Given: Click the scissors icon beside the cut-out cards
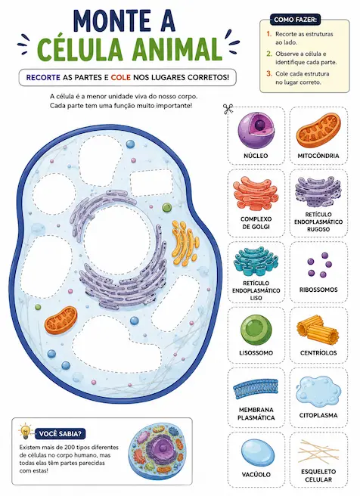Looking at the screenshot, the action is tap(228, 109).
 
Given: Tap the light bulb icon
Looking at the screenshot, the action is tap(25, 432).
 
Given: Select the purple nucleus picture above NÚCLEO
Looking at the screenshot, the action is tap(256, 130).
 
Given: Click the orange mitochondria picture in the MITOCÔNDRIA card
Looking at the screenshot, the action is tap(318, 131).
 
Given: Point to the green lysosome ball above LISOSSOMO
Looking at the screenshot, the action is tap(256, 330).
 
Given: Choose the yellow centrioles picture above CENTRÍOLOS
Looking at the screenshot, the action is tap(318, 330).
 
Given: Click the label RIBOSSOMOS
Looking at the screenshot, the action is tap(318, 290).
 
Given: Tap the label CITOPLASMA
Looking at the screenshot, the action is tap(318, 415).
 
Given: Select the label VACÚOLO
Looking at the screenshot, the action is tap(256, 475).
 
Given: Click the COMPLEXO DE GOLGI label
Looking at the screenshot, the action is tap(256, 223).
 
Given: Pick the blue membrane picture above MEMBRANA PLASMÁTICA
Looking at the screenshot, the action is tap(256, 389).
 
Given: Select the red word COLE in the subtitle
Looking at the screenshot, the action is tap(121, 77).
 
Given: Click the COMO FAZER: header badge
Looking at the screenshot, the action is tap(295, 20).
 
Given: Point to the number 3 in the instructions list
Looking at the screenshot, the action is tap(269, 73).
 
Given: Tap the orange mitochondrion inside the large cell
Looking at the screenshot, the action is tap(61, 320).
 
